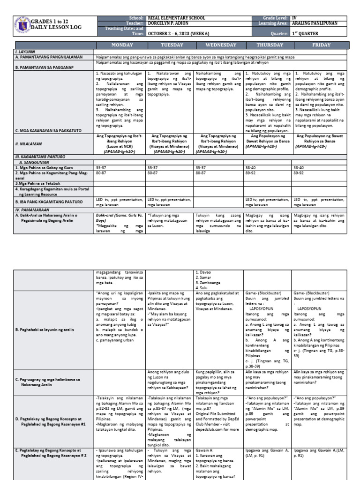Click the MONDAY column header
point(120,45)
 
